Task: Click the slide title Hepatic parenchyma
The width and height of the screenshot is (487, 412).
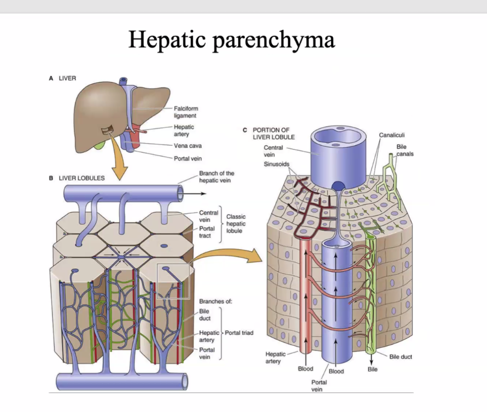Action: (232, 40)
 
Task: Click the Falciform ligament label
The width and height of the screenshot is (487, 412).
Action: (186, 112)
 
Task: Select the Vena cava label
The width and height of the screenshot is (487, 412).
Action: (188, 146)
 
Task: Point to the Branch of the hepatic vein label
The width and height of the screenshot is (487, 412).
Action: (217, 177)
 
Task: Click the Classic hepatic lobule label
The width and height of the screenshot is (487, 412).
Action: (236, 224)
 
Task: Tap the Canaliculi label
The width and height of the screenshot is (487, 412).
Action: (392, 135)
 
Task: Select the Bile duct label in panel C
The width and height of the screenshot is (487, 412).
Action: (400, 357)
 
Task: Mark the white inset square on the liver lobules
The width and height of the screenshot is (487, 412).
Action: (172, 282)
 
